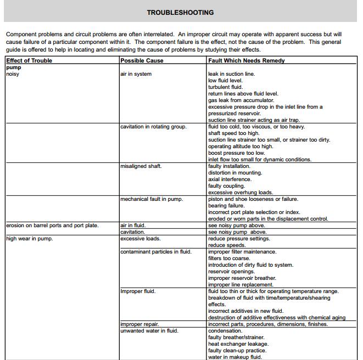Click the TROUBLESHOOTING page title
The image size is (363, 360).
(181, 12)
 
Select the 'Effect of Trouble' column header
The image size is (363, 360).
(29, 61)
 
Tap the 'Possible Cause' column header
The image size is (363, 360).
(142, 61)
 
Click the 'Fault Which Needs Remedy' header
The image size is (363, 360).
(247, 61)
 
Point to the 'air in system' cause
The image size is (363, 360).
(136, 74)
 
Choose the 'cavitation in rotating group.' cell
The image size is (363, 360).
(153, 127)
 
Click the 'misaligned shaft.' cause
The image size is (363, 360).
(141, 166)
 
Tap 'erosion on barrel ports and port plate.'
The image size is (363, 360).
(52, 226)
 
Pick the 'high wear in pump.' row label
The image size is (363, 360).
(29, 239)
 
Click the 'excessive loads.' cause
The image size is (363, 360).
(140, 239)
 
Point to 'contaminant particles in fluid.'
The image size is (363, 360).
(156, 252)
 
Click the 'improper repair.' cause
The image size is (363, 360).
(139, 324)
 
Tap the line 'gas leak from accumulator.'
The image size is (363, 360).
(241, 100)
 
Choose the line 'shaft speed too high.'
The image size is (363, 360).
(234, 133)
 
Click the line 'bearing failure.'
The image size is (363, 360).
(226, 206)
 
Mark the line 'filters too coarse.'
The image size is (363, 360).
(230, 258)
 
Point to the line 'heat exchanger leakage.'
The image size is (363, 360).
(237, 344)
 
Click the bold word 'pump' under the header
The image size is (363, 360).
(14, 67)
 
